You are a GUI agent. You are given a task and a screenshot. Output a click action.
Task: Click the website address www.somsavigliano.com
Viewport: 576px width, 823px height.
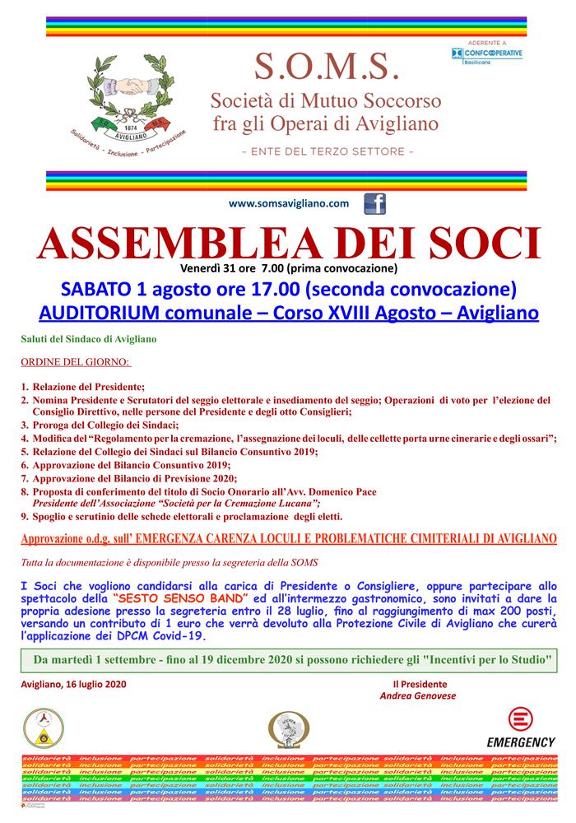click(289, 203)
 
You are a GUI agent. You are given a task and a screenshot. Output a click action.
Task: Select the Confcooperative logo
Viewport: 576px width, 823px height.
click(488, 53)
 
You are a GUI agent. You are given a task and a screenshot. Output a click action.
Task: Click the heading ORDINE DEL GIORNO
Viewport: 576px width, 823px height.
click(76, 362)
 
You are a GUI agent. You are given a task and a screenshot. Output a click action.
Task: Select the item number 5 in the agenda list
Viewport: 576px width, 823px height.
click(26, 452)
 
